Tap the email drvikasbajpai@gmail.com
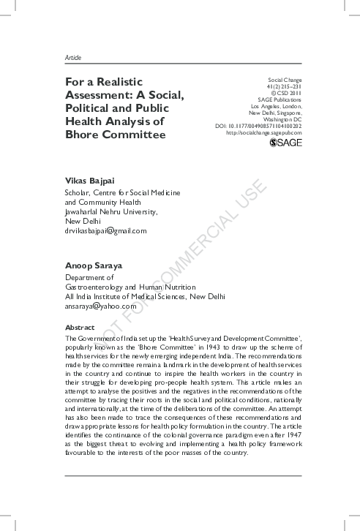pos(106,230)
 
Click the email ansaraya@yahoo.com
pos(101,306)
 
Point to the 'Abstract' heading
pos(80,327)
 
